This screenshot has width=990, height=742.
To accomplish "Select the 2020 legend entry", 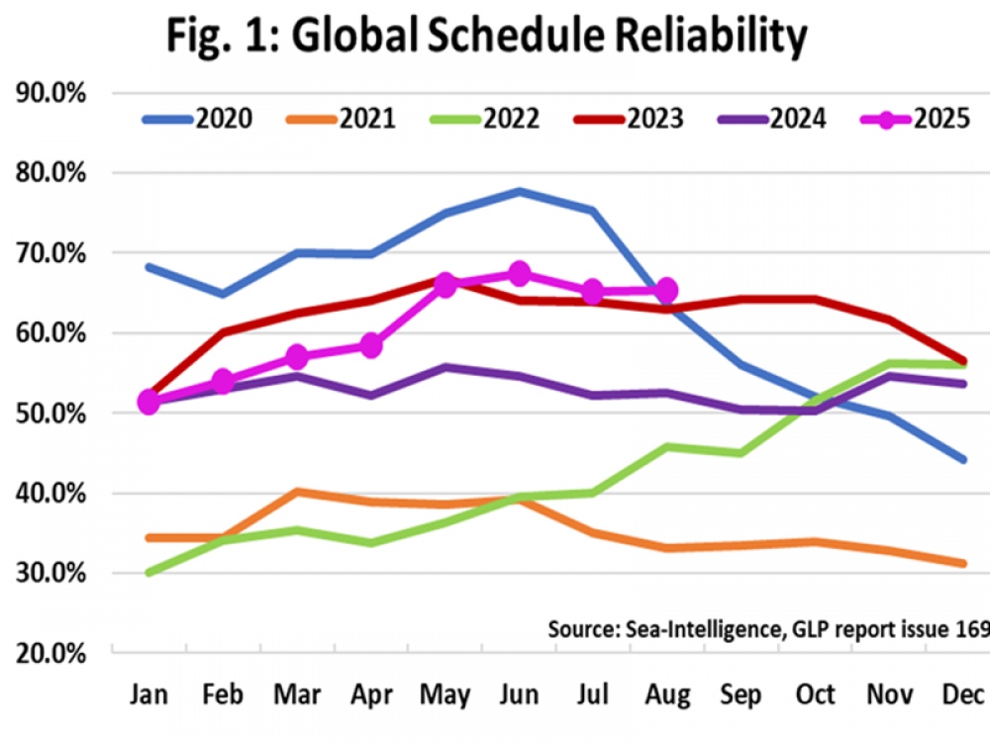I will [197, 120].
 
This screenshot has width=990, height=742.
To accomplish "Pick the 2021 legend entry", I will [341, 120].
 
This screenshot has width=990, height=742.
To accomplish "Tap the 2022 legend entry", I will [484, 120].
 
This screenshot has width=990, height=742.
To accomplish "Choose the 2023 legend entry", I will [628, 120].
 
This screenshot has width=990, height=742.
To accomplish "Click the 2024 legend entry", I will [771, 120].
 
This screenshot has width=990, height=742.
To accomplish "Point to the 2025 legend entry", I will [915, 120].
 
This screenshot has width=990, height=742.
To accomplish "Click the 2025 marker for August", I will [666, 290].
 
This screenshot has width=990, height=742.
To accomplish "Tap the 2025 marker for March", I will [297, 356].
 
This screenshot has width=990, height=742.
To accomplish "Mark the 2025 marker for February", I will [223, 381].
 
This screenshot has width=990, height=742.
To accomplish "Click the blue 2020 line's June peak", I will [520, 191].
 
